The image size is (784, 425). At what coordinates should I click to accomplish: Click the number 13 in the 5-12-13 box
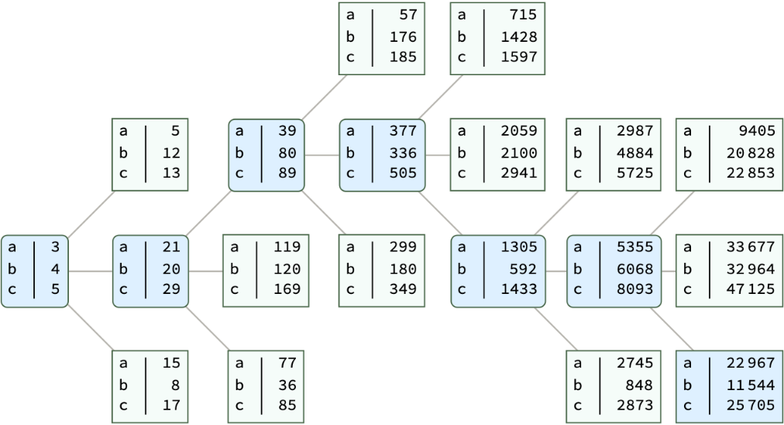(x=171, y=173)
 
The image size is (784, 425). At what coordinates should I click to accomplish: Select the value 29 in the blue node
(x=171, y=289)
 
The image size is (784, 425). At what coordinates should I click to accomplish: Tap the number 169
(x=286, y=289)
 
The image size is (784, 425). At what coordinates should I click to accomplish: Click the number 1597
(x=518, y=57)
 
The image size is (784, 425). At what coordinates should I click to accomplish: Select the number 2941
(x=518, y=173)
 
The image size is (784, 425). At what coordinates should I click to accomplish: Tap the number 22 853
(x=750, y=173)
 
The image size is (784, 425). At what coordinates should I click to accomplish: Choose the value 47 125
(x=750, y=289)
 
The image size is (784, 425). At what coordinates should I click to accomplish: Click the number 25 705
(x=750, y=405)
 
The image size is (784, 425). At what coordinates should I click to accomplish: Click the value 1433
(x=518, y=289)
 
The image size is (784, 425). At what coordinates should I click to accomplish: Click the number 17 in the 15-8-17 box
(x=171, y=405)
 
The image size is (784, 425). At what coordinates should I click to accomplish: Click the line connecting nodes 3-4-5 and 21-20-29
(x=91, y=271)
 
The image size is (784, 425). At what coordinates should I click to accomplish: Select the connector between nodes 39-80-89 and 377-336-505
(x=322, y=155)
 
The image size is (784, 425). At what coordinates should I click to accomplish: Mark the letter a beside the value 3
(x=13, y=247)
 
